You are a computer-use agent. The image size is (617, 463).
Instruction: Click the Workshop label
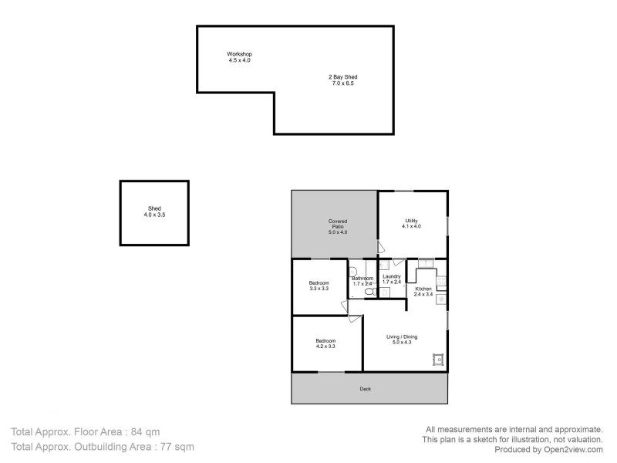click(x=239, y=54)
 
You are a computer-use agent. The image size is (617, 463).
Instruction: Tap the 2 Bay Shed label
click(x=343, y=77)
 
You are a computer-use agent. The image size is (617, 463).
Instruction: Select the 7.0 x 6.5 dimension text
click(x=343, y=83)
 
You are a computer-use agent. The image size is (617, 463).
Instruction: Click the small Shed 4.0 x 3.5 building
click(x=154, y=211)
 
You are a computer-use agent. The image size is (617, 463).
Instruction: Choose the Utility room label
click(x=411, y=221)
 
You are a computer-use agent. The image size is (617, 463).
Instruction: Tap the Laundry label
click(x=391, y=276)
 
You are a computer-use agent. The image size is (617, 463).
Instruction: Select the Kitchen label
click(x=423, y=289)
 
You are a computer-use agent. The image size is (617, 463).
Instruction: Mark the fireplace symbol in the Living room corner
click(x=439, y=359)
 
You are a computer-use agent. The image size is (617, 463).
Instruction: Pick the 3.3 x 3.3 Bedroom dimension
click(x=319, y=289)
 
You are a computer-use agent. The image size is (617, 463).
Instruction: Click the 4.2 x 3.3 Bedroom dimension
click(x=325, y=346)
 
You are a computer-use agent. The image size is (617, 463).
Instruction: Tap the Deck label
click(x=366, y=389)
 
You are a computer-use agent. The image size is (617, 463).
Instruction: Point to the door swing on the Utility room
click(x=380, y=247)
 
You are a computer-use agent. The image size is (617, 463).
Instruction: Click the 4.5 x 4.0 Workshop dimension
click(x=239, y=60)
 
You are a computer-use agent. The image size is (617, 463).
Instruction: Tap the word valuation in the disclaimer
click(x=582, y=439)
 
